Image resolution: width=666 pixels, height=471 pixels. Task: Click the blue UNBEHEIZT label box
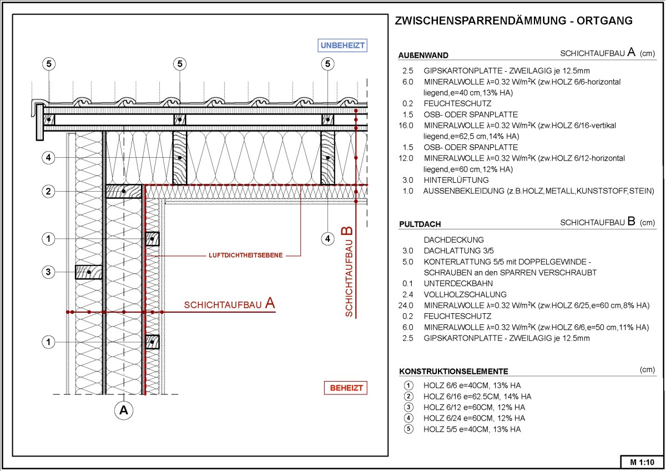tap(342, 46)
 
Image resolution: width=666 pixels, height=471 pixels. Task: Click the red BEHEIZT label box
tap(345, 388)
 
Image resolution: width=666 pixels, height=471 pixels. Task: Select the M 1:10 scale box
tap(642, 462)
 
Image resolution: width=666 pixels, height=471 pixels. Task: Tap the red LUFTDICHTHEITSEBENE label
tap(245, 255)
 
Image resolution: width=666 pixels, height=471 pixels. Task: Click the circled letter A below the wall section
tap(124, 410)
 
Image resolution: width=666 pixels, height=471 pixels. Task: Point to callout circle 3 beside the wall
tap(48, 272)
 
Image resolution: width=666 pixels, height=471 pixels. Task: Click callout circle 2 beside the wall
tap(48, 191)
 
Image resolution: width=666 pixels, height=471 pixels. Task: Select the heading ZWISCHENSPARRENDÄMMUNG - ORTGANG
tap(513, 21)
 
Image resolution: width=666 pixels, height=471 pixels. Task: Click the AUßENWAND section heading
tap(423, 56)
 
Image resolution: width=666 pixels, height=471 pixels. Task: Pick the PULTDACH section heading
tap(420, 224)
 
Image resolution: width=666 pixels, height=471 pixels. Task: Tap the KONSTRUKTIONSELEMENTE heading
tap(454, 372)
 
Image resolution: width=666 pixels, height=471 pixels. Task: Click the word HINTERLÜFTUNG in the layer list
tap(456, 180)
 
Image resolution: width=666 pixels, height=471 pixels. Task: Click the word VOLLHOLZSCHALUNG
tap(465, 294)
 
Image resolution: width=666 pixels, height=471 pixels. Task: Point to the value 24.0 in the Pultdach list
tap(406, 305)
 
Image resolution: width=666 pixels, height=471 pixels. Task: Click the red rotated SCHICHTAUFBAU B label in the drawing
tap(348, 272)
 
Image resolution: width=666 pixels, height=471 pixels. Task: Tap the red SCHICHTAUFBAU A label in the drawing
tap(230, 304)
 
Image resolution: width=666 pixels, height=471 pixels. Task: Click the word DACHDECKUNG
tap(454, 239)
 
